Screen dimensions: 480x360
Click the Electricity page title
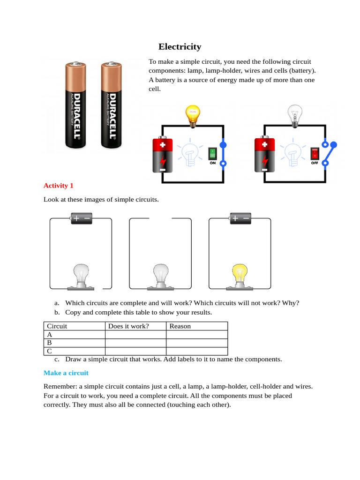click(180, 46)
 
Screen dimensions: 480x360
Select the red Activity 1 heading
click(59, 186)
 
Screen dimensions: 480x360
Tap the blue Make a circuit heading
click(66, 373)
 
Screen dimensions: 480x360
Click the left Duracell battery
click(75, 105)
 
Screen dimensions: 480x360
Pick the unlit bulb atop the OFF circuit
click(294, 115)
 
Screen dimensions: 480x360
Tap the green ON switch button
click(212, 153)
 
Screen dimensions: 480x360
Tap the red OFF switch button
click(315, 153)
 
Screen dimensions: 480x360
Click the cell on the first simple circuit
click(81, 218)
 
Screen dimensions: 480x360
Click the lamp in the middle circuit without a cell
click(160, 276)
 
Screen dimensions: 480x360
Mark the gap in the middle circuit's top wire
click(160, 218)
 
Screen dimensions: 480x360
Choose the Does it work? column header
click(128, 326)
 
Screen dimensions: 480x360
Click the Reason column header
click(180, 326)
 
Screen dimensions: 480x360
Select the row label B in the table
click(49, 343)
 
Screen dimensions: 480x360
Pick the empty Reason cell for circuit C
click(197, 351)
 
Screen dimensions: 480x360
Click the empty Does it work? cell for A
click(135, 335)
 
